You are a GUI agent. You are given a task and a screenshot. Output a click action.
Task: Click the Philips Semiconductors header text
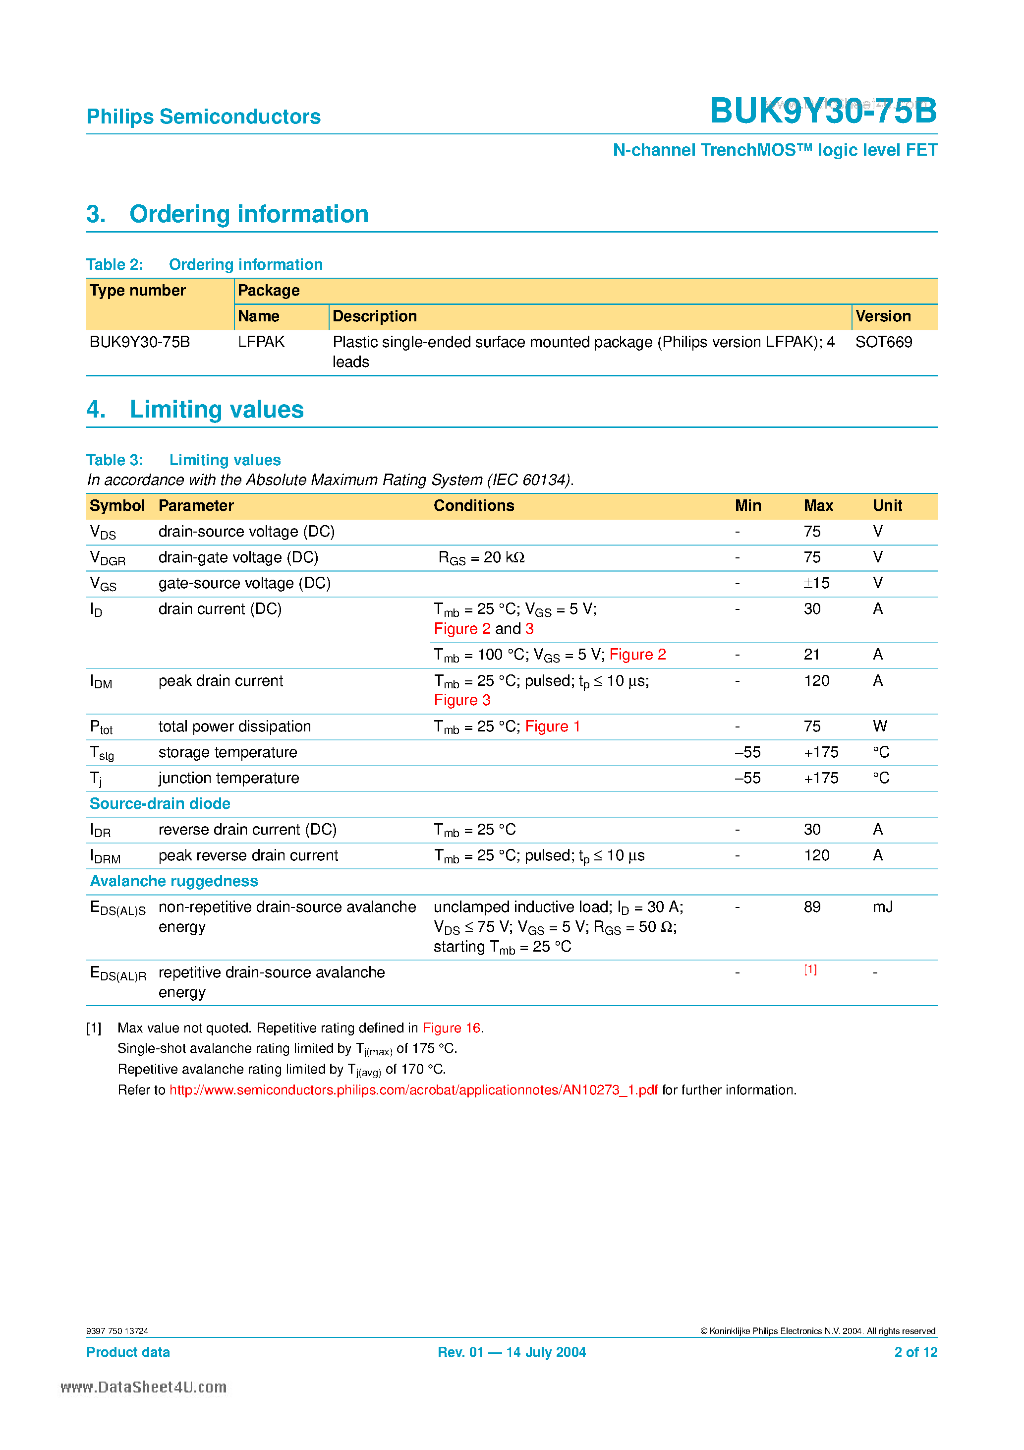(203, 117)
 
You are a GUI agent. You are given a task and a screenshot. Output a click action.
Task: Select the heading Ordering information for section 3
(249, 214)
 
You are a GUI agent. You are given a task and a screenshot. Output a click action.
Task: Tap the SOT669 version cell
(883, 342)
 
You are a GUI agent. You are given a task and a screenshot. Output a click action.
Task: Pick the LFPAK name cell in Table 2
(261, 342)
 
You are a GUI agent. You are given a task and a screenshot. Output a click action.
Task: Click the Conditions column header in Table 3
(473, 506)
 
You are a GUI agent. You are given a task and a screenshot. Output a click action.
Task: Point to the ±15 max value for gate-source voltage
(816, 583)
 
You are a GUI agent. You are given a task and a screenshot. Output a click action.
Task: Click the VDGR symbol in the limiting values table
(108, 558)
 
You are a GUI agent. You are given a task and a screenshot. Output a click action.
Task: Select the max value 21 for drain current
(812, 654)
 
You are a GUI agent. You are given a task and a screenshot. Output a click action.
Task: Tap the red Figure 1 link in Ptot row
(553, 726)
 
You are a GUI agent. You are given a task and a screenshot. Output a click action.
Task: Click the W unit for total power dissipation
(879, 726)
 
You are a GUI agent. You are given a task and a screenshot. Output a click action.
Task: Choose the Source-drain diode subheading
(160, 804)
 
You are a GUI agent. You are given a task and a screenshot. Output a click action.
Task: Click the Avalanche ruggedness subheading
(173, 881)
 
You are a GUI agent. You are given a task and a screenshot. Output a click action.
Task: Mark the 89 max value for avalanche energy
(812, 907)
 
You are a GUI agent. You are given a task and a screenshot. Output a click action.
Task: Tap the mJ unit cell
(883, 907)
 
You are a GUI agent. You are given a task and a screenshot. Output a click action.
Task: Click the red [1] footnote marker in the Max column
(810, 969)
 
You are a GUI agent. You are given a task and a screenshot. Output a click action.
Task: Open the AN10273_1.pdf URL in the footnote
(413, 1090)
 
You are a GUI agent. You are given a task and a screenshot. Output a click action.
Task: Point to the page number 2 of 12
(915, 1352)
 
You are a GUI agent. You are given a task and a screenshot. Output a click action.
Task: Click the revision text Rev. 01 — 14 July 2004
(512, 1352)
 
